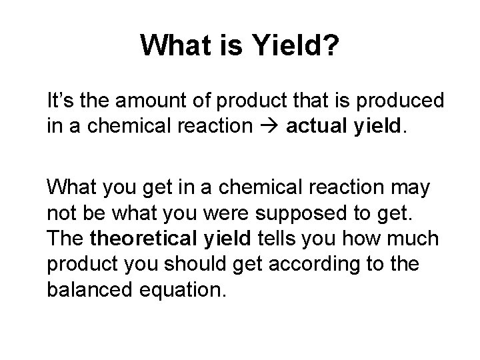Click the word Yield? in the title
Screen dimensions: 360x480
[x=297, y=46]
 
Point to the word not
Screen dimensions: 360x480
[x=60, y=213]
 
